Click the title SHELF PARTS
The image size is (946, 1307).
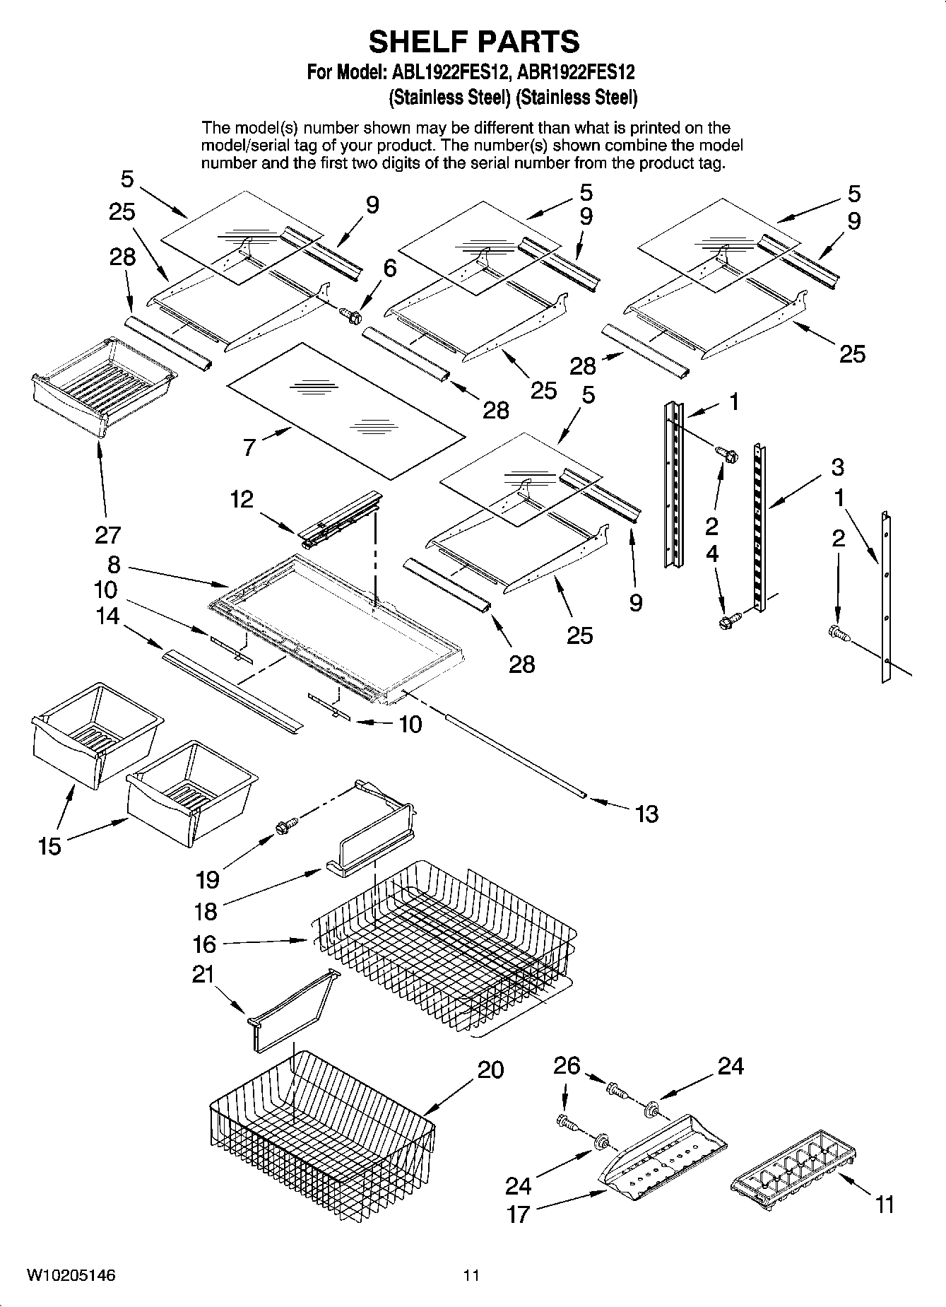(x=473, y=42)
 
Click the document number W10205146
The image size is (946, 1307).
(x=71, y=1275)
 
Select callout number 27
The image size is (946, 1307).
(x=108, y=534)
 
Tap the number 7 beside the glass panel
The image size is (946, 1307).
(x=249, y=447)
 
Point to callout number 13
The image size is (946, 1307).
(x=646, y=814)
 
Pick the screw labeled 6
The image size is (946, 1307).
(x=350, y=315)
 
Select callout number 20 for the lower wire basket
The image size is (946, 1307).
(x=490, y=1069)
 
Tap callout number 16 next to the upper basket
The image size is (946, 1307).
(x=205, y=944)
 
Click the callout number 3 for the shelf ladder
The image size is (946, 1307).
(x=837, y=467)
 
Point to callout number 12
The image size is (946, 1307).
(x=242, y=500)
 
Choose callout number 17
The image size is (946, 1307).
(x=518, y=1214)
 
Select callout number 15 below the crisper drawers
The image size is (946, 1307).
(x=50, y=845)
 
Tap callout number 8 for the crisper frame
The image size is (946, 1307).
(x=114, y=565)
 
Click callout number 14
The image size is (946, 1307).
(x=108, y=616)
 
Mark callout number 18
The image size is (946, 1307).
(x=205, y=912)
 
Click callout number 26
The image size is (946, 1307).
(x=567, y=1065)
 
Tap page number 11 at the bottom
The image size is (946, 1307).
(x=471, y=1275)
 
